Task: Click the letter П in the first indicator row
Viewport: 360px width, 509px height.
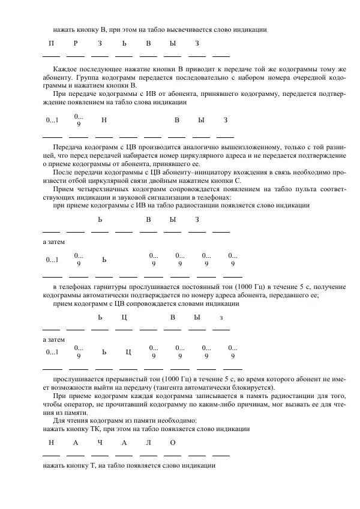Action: [x=51, y=44]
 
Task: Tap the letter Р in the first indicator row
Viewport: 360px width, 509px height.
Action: [x=76, y=44]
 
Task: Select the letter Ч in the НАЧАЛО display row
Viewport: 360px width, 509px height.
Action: [x=100, y=442]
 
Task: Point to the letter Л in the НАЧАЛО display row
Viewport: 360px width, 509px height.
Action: [x=148, y=442]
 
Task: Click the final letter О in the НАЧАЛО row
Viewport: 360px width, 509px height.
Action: [x=173, y=442]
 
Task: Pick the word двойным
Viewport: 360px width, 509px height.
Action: [x=158, y=179]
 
